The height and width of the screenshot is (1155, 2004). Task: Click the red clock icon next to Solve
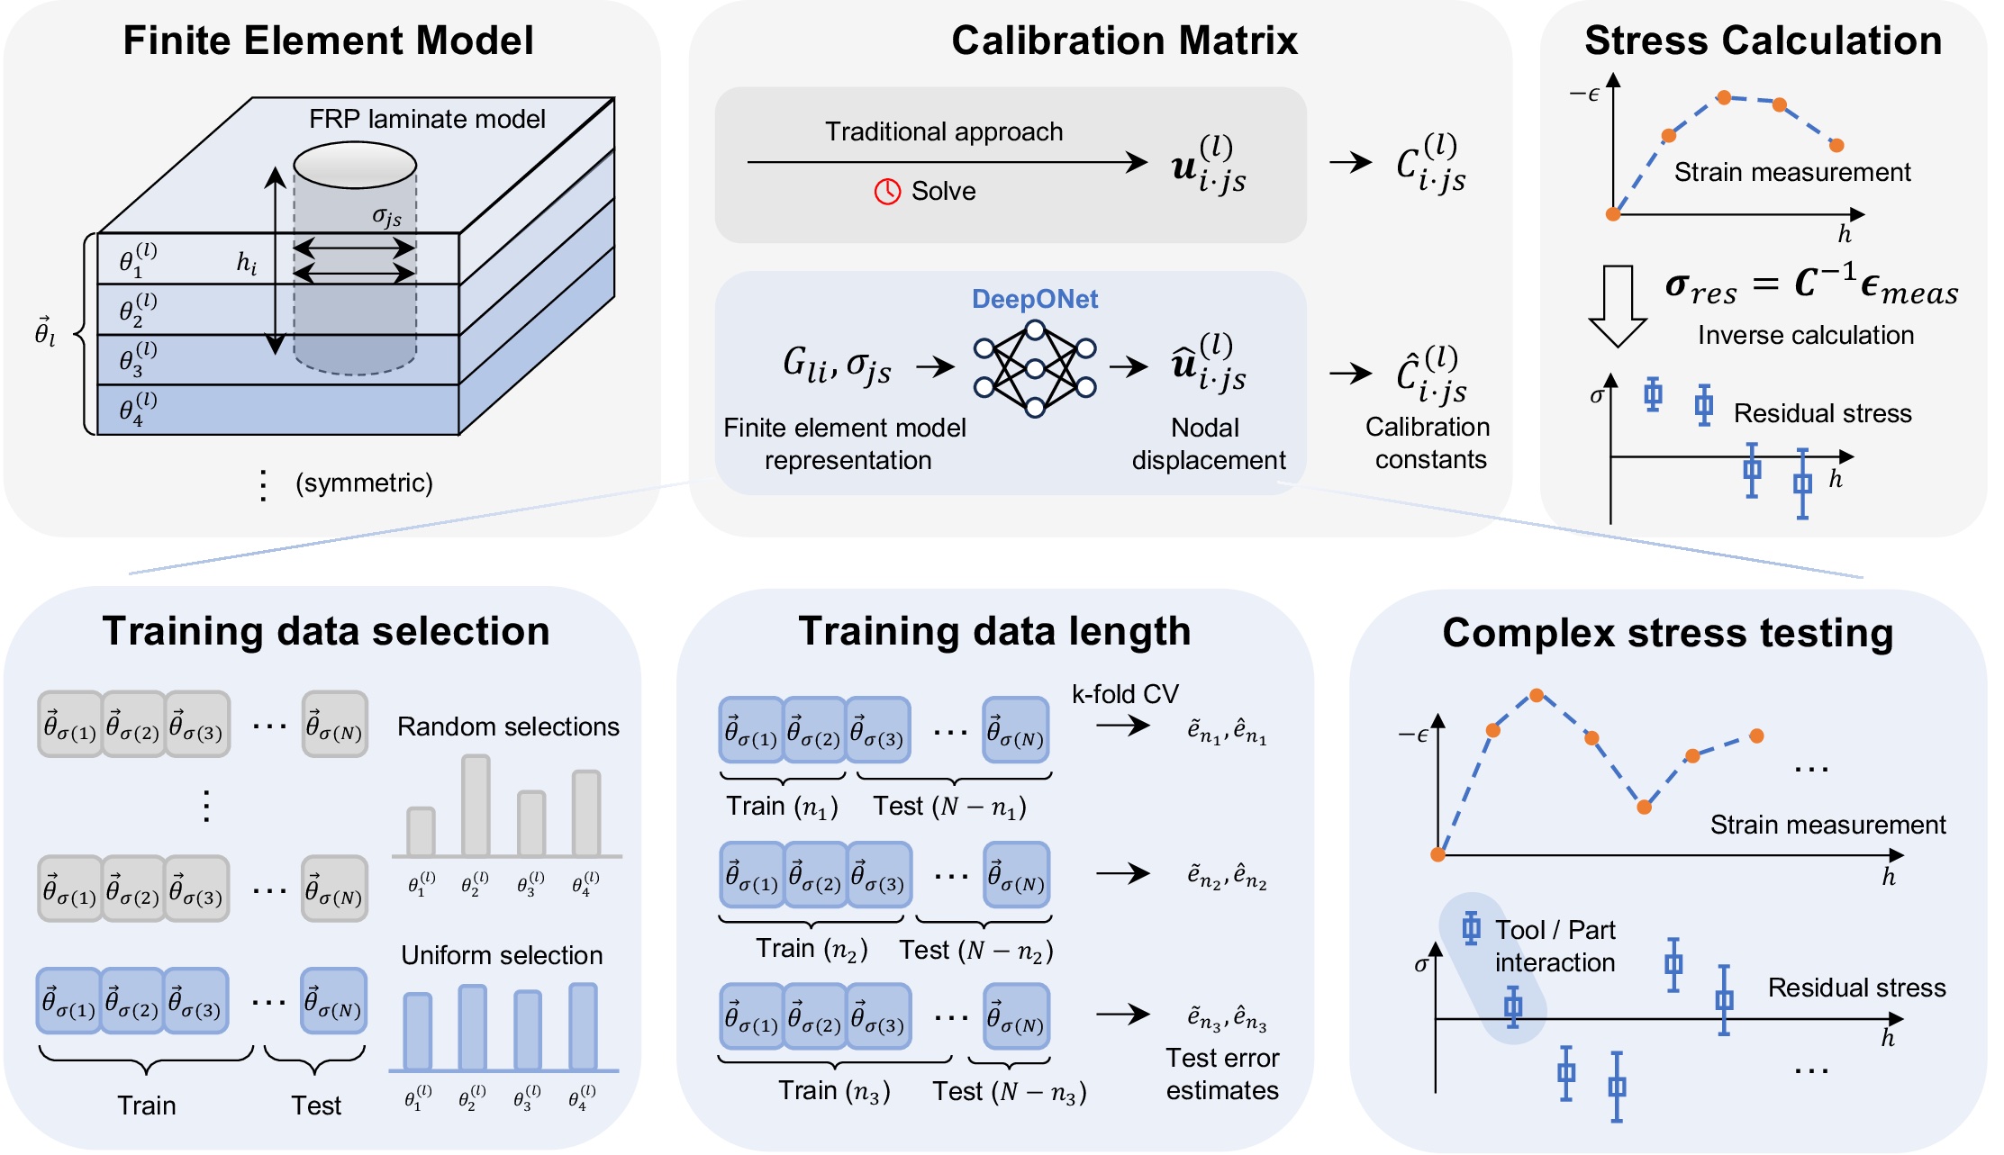click(x=887, y=191)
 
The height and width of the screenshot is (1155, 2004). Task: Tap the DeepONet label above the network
click(x=1034, y=299)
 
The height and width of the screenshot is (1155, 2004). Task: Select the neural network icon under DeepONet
click(x=1035, y=369)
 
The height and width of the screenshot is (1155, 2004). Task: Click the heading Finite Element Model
click(x=328, y=41)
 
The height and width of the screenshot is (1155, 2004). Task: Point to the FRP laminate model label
click(x=427, y=119)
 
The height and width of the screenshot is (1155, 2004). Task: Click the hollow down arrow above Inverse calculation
click(x=1618, y=305)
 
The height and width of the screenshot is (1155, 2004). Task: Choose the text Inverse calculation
click(x=1805, y=335)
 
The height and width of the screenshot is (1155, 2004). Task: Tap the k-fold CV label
click(x=1124, y=694)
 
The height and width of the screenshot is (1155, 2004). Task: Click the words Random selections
click(x=508, y=726)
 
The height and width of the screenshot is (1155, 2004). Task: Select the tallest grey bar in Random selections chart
click(x=476, y=805)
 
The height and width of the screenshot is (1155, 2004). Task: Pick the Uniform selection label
click(x=502, y=955)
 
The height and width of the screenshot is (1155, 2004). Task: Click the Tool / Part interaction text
click(x=1555, y=946)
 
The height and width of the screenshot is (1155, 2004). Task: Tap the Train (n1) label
click(x=782, y=807)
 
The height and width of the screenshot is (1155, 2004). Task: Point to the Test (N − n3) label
click(x=1009, y=1092)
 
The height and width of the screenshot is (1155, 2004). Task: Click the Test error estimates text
click(x=1222, y=1074)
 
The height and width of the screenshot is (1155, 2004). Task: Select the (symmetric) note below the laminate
click(x=364, y=483)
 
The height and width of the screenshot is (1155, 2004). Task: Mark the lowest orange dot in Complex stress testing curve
click(x=1644, y=807)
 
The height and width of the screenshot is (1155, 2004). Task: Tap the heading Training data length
click(x=994, y=631)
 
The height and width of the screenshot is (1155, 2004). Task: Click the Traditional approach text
click(x=944, y=131)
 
